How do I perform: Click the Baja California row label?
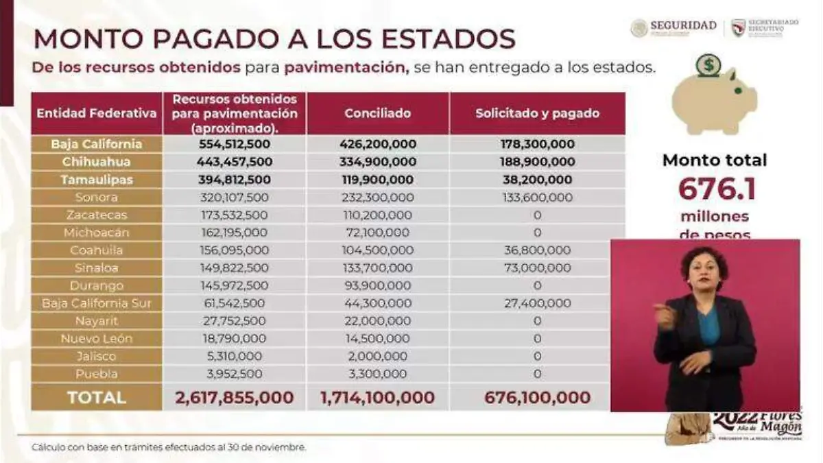tap(97, 144)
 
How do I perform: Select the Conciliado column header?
tap(378, 113)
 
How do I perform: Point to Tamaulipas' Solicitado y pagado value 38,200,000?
tap(537, 180)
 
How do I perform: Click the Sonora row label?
tap(97, 198)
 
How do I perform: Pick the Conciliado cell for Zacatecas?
tap(378, 215)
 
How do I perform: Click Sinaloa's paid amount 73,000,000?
tap(537, 268)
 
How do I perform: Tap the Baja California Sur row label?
tap(97, 303)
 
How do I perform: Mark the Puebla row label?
tap(97, 374)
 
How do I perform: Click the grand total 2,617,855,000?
tap(235, 398)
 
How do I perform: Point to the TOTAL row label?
tap(97, 398)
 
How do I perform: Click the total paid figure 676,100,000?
tap(537, 398)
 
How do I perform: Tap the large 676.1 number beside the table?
tap(717, 189)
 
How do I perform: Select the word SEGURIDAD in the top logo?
tap(683, 26)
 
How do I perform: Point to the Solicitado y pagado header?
tap(537, 113)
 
